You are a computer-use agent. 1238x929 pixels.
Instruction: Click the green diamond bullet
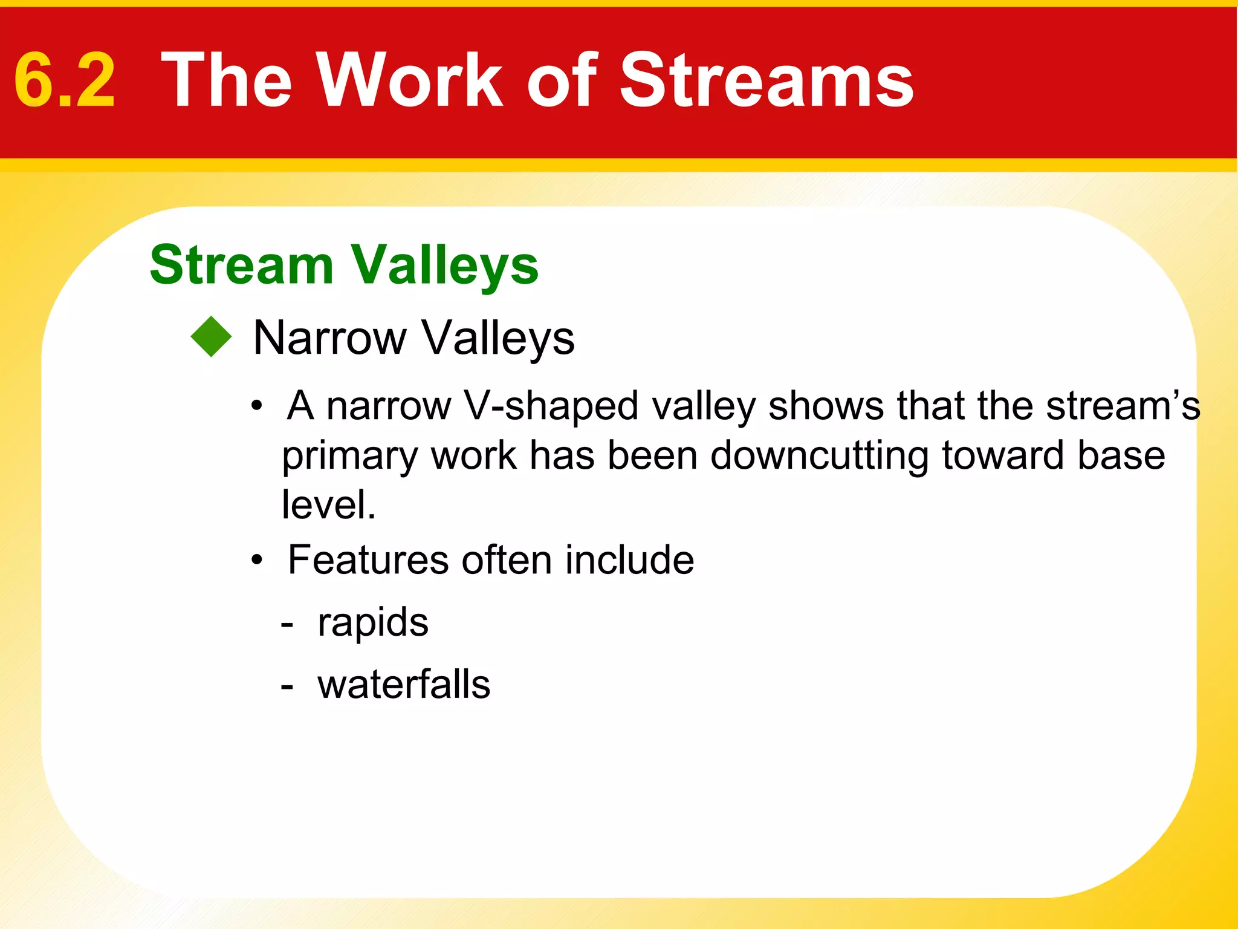(211, 337)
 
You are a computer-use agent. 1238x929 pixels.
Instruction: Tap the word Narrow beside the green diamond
(329, 338)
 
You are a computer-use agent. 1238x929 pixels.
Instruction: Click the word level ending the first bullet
(328, 504)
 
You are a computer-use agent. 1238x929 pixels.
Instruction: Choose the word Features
(368, 560)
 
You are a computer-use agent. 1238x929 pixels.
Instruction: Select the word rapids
(373, 623)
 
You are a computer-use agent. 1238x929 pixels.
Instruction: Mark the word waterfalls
(404, 685)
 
